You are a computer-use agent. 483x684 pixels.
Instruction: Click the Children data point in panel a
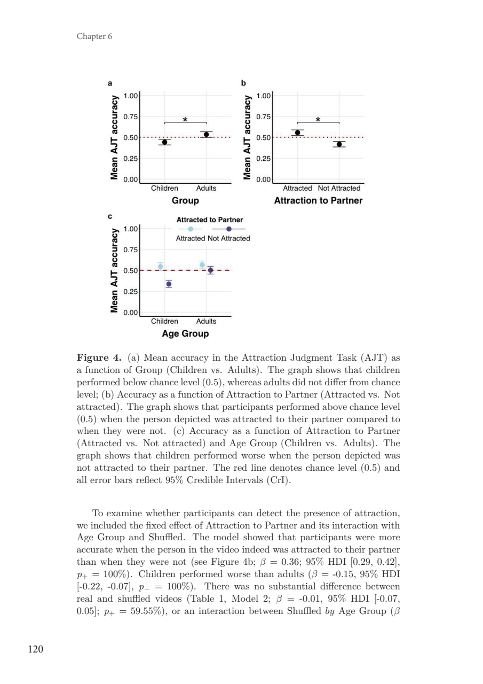click(164, 142)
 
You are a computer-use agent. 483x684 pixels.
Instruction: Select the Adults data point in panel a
click(207, 134)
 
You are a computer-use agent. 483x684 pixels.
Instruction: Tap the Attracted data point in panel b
click(297, 133)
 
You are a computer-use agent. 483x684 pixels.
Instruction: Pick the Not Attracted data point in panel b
click(339, 144)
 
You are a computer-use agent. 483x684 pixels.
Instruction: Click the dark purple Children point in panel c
click(169, 284)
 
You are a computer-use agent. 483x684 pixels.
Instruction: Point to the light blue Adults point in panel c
click(202, 265)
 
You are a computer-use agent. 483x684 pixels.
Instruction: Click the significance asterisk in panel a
click(185, 120)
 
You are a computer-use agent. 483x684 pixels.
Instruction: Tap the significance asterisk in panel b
click(318, 120)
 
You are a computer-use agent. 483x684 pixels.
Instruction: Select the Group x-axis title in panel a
click(185, 201)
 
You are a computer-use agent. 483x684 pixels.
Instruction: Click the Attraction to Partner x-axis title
click(318, 201)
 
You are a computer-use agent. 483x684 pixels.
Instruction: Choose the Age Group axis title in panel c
click(185, 334)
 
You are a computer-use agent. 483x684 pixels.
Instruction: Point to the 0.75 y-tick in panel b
click(264, 116)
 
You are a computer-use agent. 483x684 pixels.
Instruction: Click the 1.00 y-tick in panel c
click(131, 229)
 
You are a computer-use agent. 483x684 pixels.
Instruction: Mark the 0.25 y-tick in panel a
click(131, 159)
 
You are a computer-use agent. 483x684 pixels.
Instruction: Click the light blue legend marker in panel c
click(191, 229)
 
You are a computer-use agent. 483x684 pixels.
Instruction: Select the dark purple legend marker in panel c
click(229, 229)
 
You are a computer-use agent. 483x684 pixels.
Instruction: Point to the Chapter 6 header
click(92, 36)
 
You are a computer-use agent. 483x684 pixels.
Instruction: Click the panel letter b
click(243, 83)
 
